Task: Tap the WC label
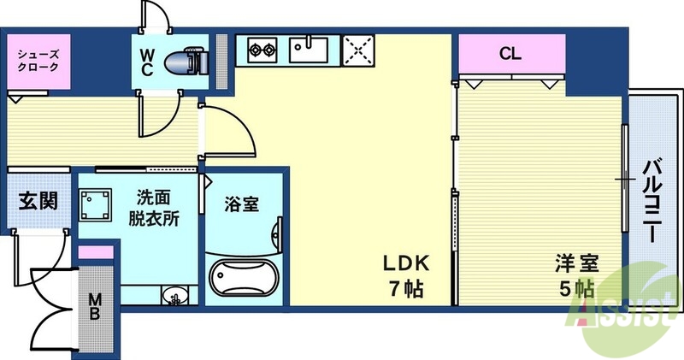coord(147,62)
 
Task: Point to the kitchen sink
coord(308,50)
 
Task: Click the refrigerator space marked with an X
coord(359,50)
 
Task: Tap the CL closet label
coord(510,54)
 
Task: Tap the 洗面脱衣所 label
coord(155,207)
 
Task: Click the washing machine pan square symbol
coord(97,206)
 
